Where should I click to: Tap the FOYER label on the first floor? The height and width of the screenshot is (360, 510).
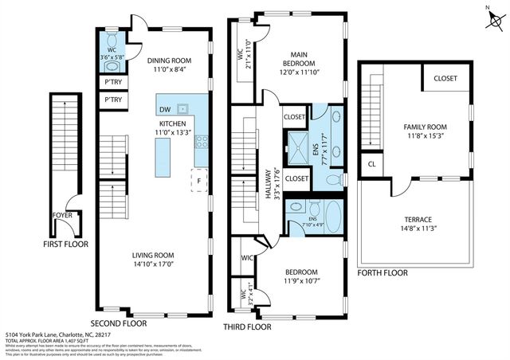click(x=63, y=215)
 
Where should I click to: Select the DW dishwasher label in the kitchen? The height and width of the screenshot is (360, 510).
click(x=165, y=109)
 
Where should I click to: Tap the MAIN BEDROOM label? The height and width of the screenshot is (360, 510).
click(x=299, y=59)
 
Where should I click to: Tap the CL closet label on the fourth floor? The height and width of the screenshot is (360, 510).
click(x=372, y=164)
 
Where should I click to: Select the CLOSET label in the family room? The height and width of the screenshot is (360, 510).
click(x=445, y=78)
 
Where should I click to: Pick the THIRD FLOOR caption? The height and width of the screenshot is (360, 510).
click(x=250, y=326)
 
